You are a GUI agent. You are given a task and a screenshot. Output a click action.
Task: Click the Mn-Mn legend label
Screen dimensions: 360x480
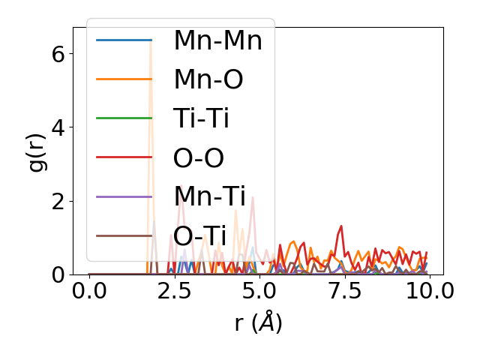pos(217,40)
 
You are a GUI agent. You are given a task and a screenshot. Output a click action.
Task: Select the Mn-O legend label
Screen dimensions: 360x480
pos(208,79)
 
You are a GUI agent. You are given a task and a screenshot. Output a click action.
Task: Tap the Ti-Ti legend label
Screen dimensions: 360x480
pos(200,118)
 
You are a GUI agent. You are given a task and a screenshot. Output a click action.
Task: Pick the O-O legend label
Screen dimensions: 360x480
pos(199,157)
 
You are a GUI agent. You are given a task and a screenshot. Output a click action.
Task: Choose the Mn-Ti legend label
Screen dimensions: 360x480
pos(209,196)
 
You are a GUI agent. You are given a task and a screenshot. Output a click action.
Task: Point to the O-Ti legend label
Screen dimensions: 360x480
pos(199,235)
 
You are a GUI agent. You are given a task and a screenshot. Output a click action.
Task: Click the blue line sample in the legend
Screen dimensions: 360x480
pos(124,40)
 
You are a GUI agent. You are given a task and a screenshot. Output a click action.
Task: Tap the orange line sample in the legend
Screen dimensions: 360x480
pos(124,79)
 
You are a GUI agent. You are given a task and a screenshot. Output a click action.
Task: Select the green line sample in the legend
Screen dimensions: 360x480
pos(124,118)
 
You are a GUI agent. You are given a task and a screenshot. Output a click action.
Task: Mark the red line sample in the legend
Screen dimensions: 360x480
pos(124,157)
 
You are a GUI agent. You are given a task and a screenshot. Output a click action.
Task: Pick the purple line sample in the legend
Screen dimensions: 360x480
pos(124,196)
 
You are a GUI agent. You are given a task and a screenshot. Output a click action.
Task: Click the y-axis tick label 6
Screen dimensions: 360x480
pos(59,54)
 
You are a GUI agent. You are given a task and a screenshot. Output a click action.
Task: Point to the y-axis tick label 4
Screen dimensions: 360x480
pos(59,127)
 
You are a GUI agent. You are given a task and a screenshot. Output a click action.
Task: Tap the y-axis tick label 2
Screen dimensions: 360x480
pos(59,201)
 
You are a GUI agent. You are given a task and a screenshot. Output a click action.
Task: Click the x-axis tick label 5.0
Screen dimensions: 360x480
pos(259,291)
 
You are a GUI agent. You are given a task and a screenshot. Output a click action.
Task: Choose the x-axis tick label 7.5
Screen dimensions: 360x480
pos(343,291)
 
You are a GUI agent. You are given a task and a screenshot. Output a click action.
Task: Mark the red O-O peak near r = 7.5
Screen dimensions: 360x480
pos(341,226)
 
